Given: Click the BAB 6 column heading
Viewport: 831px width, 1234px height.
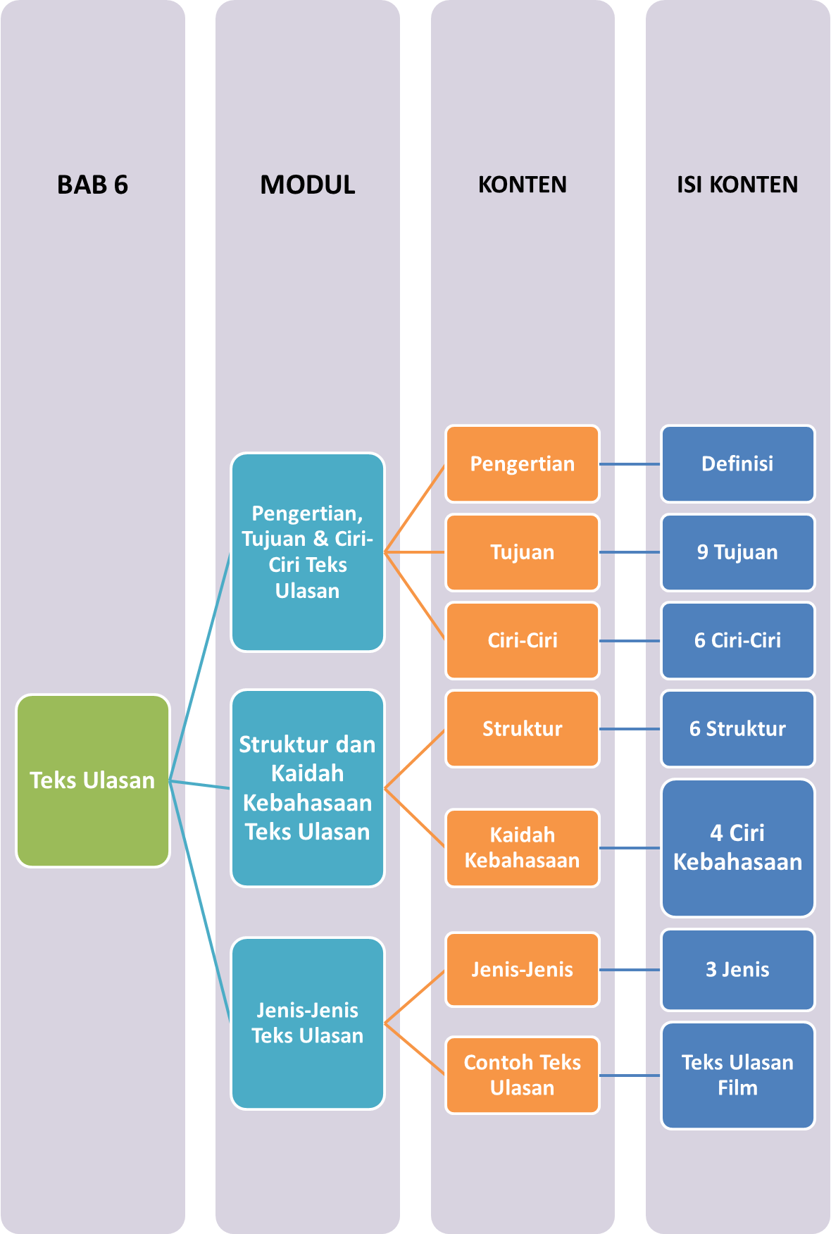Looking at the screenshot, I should coord(92,185).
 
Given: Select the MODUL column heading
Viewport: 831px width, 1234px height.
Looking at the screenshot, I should coord(308,185).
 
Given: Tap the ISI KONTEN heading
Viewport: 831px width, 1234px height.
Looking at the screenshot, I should coord(737,185).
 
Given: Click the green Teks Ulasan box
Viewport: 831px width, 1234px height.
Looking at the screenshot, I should coord(92,780).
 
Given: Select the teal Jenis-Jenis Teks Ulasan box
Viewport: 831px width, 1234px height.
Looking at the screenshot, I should coord(308,1023).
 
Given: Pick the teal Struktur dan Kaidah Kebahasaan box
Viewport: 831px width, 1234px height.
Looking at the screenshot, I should coord(308,787).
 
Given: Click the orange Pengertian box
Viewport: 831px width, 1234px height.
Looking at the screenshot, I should coord(522,463).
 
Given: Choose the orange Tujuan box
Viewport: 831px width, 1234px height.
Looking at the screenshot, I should coord(522,552).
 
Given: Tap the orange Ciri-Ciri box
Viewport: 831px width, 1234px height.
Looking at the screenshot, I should coord(522,640).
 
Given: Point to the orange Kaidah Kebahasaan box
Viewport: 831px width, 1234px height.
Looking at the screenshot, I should coord(522,848).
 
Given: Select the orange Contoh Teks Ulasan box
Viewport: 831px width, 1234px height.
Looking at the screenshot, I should coord(522,1075).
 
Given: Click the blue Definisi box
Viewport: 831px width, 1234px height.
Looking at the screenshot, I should coord(737,463).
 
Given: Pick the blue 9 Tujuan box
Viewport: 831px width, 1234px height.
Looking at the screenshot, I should coord(737,552).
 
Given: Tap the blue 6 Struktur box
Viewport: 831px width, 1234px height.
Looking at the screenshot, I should coord(737,728).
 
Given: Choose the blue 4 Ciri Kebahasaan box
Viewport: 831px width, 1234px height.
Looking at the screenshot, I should coord(737,847).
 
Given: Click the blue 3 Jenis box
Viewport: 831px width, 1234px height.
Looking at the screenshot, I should coord(737,969).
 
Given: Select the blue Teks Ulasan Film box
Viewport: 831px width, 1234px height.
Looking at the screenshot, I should coord(737,1075).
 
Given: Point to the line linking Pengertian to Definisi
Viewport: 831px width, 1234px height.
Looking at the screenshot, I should coord(630,464).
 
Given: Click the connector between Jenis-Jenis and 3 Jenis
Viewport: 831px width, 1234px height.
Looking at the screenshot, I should coord(630,970).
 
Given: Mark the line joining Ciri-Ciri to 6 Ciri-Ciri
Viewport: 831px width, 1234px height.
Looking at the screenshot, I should coord(630,641).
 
